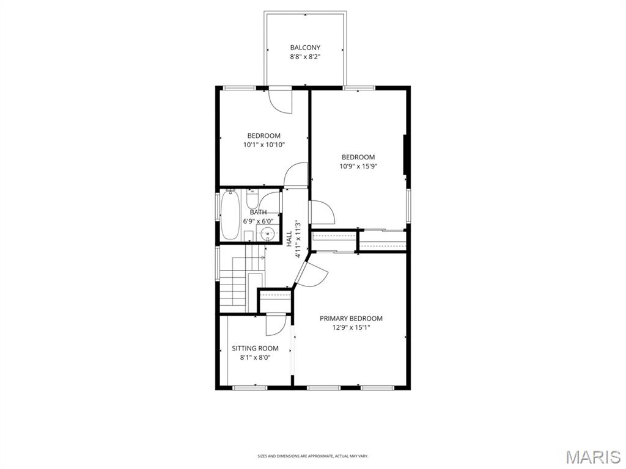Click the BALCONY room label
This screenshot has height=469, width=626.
304,48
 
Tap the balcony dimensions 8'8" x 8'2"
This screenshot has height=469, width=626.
304,57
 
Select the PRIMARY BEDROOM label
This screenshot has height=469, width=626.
351,318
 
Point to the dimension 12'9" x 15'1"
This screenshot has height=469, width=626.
351,327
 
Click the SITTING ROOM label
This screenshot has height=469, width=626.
255,349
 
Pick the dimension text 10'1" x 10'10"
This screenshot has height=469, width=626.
264,145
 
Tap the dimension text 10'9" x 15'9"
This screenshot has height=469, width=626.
358,166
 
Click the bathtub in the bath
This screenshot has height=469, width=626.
230,215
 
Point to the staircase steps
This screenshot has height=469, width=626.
234,287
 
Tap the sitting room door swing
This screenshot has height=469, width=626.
275,325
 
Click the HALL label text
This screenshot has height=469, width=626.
289,239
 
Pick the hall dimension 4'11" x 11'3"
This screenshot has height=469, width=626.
298,239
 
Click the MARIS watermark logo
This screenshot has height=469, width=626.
594,457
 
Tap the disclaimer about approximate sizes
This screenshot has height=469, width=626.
312,456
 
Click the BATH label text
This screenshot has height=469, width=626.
258,212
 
